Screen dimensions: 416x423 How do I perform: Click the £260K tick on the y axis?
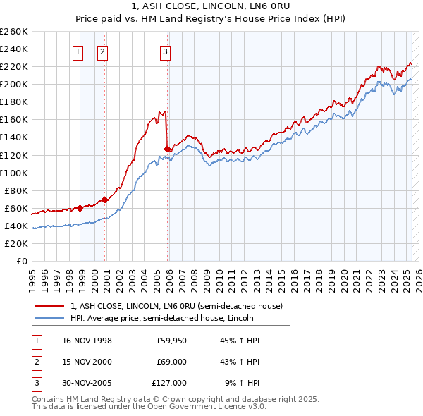14,31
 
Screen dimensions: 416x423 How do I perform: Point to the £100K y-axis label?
14,173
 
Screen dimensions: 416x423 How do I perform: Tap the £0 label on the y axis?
21,262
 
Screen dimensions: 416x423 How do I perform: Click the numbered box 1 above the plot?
77,51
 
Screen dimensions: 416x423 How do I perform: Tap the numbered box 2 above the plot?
102,51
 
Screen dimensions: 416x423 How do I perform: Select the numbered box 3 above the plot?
164,51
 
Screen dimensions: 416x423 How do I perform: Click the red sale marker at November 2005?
167,149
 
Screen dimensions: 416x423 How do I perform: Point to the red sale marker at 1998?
80,208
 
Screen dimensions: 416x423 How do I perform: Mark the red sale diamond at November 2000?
105,200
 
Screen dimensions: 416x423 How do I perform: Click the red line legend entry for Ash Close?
176,306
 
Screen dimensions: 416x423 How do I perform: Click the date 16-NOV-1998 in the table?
87,341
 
